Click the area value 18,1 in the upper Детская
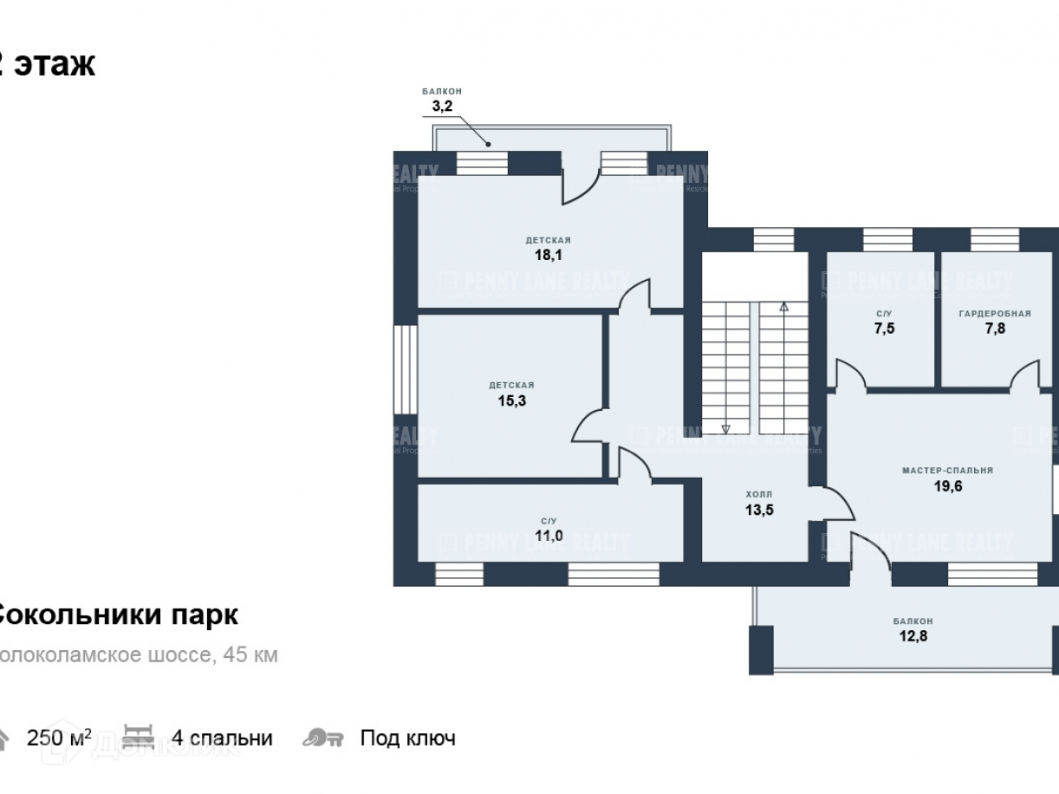pyautogui.click(x=548, y=255)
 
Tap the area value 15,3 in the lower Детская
pyautogui.click(x=511, y=400)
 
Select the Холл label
pyautogui.click(x=758, y=495)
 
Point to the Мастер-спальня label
pyautogui.click(x=947, y=471)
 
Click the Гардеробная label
pyautogui.click(x=995, y=313)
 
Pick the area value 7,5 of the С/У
pyautogui.click(x=884, y=329)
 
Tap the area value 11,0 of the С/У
pyautogui.click(x=549, y=536)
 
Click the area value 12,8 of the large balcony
pyautogui.click(x=913, y=636)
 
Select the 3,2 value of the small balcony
pyautogui.click(x=442, y=107)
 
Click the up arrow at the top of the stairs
pyautogui.click(x=783, y=306)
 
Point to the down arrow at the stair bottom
pyautogui.click(x=725, y=427)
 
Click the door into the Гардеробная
pyautogui.click(x=1025, y=375)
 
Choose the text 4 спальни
pyautogui.click(x=222, y=739)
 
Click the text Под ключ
pyautogui.click(x=407, y=739)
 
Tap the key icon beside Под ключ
pyautogui.click(x=323, y=739)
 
